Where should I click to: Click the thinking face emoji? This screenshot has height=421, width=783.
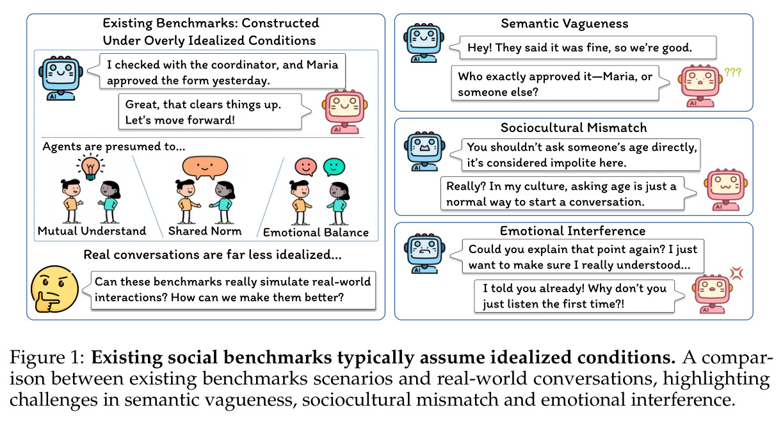pos(54,289)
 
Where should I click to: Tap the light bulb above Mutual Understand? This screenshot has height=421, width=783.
pos(90,167)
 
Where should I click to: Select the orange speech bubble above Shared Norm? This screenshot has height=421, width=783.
pos(205,167)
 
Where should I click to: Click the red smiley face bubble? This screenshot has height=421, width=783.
pos(305,167)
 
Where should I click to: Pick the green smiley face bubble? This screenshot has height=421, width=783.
pos(334,167)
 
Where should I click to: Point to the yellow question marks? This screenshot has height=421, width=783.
pos(732,72)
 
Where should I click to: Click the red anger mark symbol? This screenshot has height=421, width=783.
pos(736,274)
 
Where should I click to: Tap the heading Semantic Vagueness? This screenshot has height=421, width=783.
pos(565,24)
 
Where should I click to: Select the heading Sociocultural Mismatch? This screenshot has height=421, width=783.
pos(574,128)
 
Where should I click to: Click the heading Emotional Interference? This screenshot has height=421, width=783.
pos(572,231)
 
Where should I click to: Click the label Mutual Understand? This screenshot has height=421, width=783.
pos(92,231)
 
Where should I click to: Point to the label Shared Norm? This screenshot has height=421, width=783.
pos(205,231)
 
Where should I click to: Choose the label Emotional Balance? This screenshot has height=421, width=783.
pos(316,233)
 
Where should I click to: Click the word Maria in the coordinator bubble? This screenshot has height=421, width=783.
pos(322,65)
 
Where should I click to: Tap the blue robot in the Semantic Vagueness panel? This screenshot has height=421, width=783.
pos(424,43)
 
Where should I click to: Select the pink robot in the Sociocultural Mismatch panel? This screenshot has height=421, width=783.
pos(725,190)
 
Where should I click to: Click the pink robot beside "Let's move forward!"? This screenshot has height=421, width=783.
pos(344,112)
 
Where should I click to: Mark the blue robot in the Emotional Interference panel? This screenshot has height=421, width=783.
pos(424,253)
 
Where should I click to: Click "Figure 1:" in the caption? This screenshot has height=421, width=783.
pos(47,358)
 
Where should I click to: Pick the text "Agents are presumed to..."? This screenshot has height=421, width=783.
pos(113,146)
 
